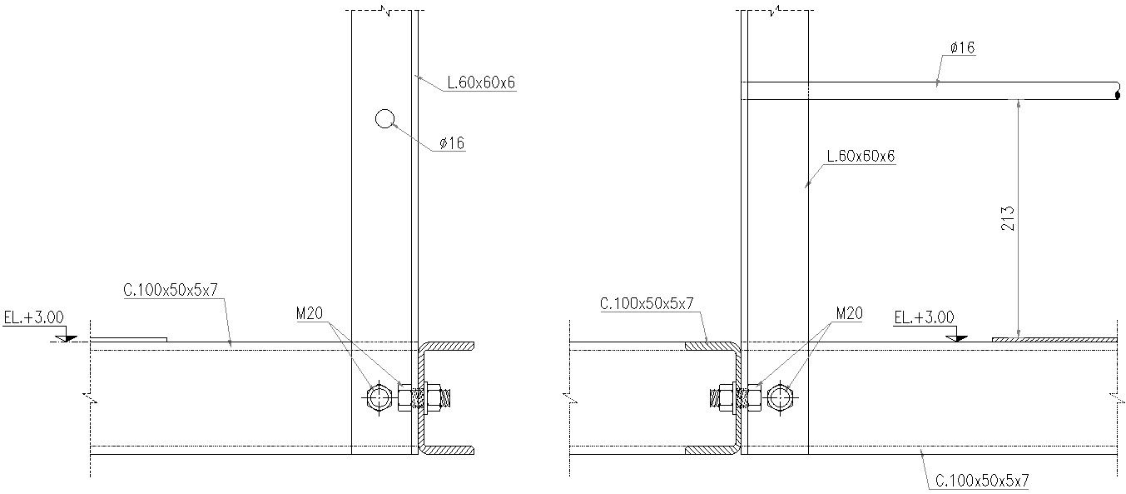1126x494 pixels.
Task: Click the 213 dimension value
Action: [1008, 218]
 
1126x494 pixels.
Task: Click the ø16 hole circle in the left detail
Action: [384, 119]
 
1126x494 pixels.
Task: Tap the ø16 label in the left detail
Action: [452, 143]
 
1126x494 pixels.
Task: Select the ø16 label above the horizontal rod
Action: [963, 47]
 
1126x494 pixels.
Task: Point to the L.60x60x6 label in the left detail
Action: [482, 82]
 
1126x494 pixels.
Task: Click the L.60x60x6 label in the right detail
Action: [861, 156]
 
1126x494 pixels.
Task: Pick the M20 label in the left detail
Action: [309, 314]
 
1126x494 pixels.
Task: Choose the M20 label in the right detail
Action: [850, 314]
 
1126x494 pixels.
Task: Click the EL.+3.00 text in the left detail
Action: [33, 318]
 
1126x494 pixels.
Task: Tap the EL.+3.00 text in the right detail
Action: [924, 317]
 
